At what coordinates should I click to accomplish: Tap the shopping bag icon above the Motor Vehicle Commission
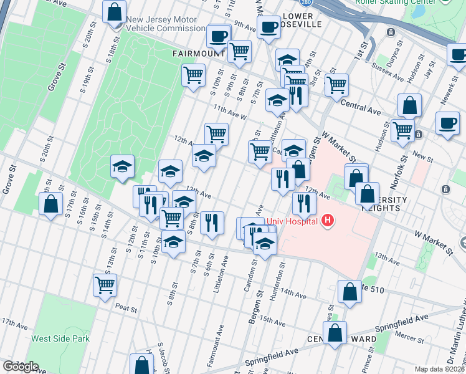[x=115, y=11]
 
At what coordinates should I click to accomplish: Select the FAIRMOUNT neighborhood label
[x=199, y=54]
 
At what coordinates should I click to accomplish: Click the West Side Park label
[x=60, y=339]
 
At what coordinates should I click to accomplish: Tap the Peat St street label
[x=126, y=306]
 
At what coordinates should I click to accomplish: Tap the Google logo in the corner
[x=20, y=367]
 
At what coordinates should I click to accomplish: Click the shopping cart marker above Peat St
[x=105, y=284]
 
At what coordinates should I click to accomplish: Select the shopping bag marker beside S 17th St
[x=50, y=203]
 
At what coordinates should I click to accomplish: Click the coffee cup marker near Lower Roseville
[x=269, y=27]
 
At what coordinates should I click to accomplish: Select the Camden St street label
[x=254, y=270]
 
